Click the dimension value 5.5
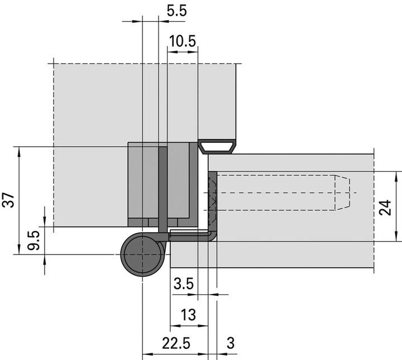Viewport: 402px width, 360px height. pyautogui.click(x=176, y=11)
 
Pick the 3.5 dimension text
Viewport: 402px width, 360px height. pyautogui.click(x=183, y=284)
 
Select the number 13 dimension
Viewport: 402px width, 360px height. pyautogui.click(x=189, y=315)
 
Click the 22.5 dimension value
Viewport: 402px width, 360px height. pyautogui.click(x=175, y=344)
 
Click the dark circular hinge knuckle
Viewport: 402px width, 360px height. pyautogui.click(x=142, y=255)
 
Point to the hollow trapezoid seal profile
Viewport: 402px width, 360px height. pyautogui.click(x=217, y=147)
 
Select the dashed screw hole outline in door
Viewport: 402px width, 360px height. pyautogui.click(x=279, y=193)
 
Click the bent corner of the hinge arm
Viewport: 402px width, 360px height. pyautogui.click(x=212, y=236)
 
